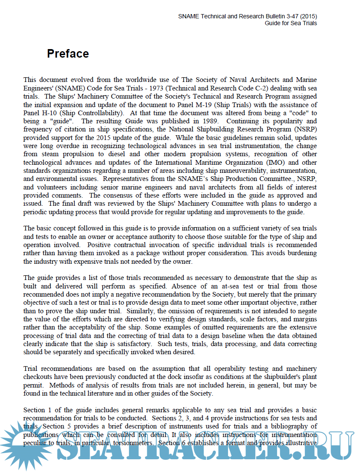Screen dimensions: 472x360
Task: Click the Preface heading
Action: pos(68,54)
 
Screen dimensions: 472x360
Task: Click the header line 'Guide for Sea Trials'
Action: pos(291,23)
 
